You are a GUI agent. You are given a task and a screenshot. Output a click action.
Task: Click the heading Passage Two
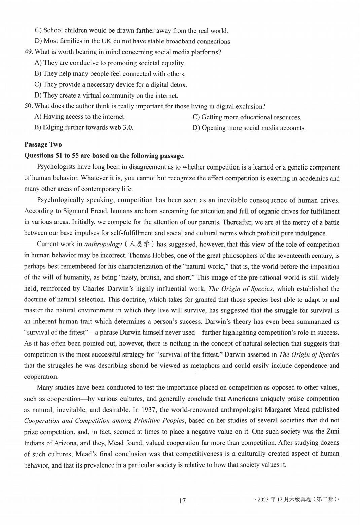[43, 145]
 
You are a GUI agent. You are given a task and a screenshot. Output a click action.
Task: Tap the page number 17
[182, 501]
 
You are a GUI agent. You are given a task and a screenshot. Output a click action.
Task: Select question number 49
[29, 52]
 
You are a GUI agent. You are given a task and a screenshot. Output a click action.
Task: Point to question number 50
[29, 106]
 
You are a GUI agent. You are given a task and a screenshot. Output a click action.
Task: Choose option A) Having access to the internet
[80, 117]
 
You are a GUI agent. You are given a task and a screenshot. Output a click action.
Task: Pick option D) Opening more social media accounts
[249, 128]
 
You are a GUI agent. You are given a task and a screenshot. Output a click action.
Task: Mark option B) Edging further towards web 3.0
[84, 128]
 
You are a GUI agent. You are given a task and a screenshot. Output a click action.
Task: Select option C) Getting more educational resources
[247, 117]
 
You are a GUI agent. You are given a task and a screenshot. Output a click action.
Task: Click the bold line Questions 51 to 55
[104, 156]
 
